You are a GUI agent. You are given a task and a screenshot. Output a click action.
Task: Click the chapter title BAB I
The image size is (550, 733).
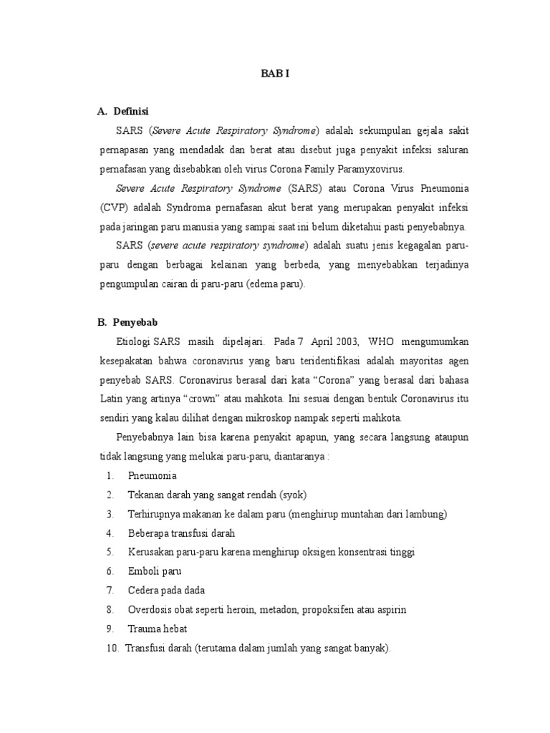[x=274, y=72]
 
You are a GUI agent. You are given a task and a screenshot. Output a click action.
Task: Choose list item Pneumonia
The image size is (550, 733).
[x=152, y=475]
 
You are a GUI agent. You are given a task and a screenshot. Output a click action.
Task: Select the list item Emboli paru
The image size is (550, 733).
[x=155, y=571]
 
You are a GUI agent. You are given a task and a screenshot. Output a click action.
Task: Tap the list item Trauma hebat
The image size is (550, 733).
[x=158, y=629]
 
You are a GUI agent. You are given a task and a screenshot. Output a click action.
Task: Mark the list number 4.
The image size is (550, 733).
[x=110, y=533]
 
